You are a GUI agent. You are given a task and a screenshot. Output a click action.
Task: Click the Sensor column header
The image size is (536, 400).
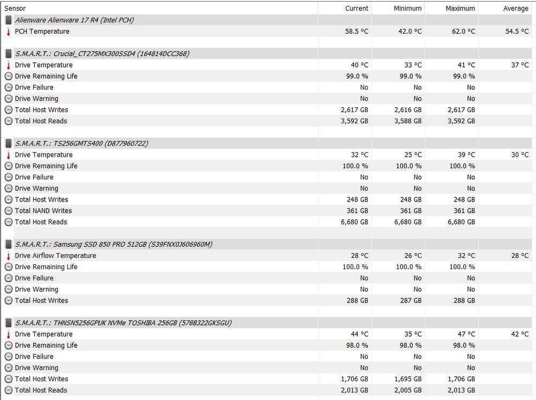(15, 8)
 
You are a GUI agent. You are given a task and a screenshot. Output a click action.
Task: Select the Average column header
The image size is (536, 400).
(516, 8)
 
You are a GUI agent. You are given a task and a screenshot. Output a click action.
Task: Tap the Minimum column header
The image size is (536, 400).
(407, 8)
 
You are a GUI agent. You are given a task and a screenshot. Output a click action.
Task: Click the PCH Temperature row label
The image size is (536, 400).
(42, 31)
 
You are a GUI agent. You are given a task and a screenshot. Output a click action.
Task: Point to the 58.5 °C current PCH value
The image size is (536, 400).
(356, 31)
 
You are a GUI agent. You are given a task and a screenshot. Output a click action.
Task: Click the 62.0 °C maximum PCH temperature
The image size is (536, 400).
(463, 31)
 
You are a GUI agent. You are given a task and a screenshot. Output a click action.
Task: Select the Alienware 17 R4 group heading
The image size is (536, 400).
(74, 20)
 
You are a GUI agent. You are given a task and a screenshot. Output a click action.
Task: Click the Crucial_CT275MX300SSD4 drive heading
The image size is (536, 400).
(102, 54)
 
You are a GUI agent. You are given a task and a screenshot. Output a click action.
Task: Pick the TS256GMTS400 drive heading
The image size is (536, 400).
(81, 143)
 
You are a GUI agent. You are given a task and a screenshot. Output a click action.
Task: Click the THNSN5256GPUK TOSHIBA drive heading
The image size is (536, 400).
(123, 323)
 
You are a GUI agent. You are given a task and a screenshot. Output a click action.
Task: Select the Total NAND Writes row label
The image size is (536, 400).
(43, 211)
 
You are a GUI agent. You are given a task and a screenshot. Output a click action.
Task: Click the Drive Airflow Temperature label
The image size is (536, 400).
(55, 256)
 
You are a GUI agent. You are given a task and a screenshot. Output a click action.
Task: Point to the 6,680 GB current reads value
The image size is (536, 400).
(354, 222)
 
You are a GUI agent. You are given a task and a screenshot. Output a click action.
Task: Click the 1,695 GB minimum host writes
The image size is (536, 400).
(408, 379)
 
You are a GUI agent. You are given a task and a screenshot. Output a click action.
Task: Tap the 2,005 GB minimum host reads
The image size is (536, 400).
(408, 390)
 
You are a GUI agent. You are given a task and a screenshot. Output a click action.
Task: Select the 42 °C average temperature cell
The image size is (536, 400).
(519, 334)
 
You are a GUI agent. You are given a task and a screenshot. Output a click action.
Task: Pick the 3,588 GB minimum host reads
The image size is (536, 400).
(408, 121)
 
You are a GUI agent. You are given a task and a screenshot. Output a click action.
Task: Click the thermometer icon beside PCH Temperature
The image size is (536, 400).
(8, 32)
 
